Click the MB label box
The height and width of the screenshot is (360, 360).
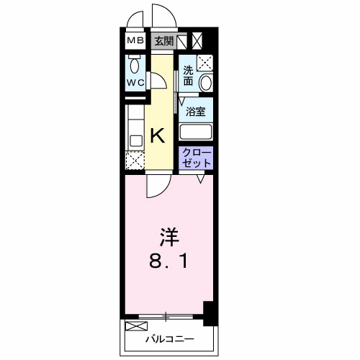[135, 40]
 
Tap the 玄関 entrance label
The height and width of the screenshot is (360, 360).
[163, 41]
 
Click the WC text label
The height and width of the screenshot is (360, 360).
[135, 83]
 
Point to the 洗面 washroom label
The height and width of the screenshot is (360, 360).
[189, 76]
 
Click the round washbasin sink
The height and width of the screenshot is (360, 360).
[206, 83]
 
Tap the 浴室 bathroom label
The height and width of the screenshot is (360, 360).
[196, 112]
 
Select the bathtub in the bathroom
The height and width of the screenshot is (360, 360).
[196, 132]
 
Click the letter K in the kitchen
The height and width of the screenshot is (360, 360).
[158, 135]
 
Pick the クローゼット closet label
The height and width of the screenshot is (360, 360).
[196, 158]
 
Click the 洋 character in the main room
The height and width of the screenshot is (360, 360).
[169, 237]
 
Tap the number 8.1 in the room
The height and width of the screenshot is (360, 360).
[168, 261]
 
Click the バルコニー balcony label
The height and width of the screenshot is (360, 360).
[170, 339]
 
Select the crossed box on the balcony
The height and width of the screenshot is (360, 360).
[136, 326]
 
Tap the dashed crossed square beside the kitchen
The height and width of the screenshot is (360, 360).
[135, 161]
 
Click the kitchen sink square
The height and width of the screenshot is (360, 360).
[136, 142]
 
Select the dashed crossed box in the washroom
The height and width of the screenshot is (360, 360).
[205, 63]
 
